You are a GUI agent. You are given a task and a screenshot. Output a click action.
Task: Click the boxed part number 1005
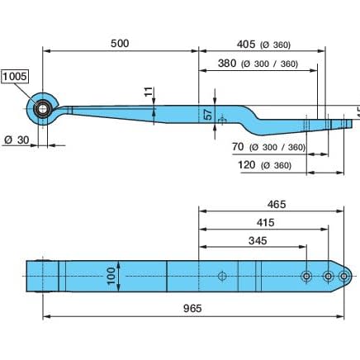click(x=15, y=76)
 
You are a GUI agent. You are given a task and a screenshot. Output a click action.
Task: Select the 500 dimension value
click(x=120, y=44)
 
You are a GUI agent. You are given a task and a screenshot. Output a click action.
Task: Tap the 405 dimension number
click(x=246, y=44)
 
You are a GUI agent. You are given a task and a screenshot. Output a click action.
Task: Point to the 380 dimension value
click(x=227, y=64)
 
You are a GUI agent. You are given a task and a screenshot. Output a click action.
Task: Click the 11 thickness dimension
click(x=149, y=92)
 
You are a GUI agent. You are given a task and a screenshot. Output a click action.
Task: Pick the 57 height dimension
click(x=209, y=115)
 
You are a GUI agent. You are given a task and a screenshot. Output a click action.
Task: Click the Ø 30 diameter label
click(x=17, y=140)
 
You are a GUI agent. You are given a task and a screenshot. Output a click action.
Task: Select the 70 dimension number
click(x=238, y=147)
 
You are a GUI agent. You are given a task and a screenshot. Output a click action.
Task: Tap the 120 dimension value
click(x=247, y=165)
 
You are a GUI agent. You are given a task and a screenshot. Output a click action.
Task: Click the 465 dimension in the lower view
click(x=277, y=204)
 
